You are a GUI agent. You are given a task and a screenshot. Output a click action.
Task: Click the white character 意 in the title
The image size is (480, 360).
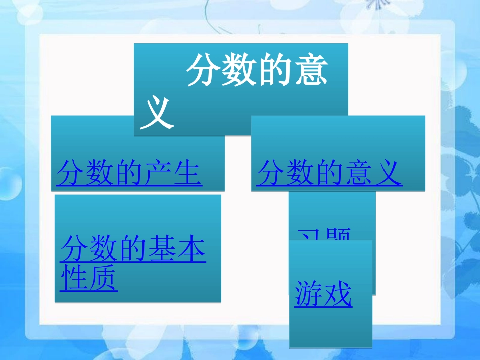pos(311,72)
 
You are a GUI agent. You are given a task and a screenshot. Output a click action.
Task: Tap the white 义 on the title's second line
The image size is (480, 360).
pos(157,114)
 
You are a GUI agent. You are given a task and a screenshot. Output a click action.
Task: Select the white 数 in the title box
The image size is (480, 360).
pos(240,72)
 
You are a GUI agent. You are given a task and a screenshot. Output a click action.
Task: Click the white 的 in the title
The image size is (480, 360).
pos(275,72)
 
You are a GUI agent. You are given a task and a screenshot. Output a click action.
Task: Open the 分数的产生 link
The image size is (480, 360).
pos(129,174)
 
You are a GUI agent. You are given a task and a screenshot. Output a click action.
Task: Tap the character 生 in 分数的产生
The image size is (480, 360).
pos(187,174)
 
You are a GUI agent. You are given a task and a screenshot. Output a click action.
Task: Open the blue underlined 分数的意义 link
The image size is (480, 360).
pos(329,174)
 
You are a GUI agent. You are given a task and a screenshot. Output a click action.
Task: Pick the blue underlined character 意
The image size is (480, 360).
pos(358,174)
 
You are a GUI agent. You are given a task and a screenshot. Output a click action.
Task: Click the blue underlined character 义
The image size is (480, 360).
pos(388,174)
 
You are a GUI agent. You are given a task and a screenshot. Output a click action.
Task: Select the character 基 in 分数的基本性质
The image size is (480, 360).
pos(162,249)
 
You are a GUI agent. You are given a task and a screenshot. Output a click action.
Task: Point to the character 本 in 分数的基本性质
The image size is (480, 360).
pos(191,249)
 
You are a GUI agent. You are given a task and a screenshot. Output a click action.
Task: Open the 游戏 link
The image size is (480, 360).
pos(323,294)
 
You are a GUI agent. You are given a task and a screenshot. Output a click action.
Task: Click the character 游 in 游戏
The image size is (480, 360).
pos(309,294)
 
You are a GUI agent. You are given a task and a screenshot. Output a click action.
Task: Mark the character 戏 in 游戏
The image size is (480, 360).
pos(338,294)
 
